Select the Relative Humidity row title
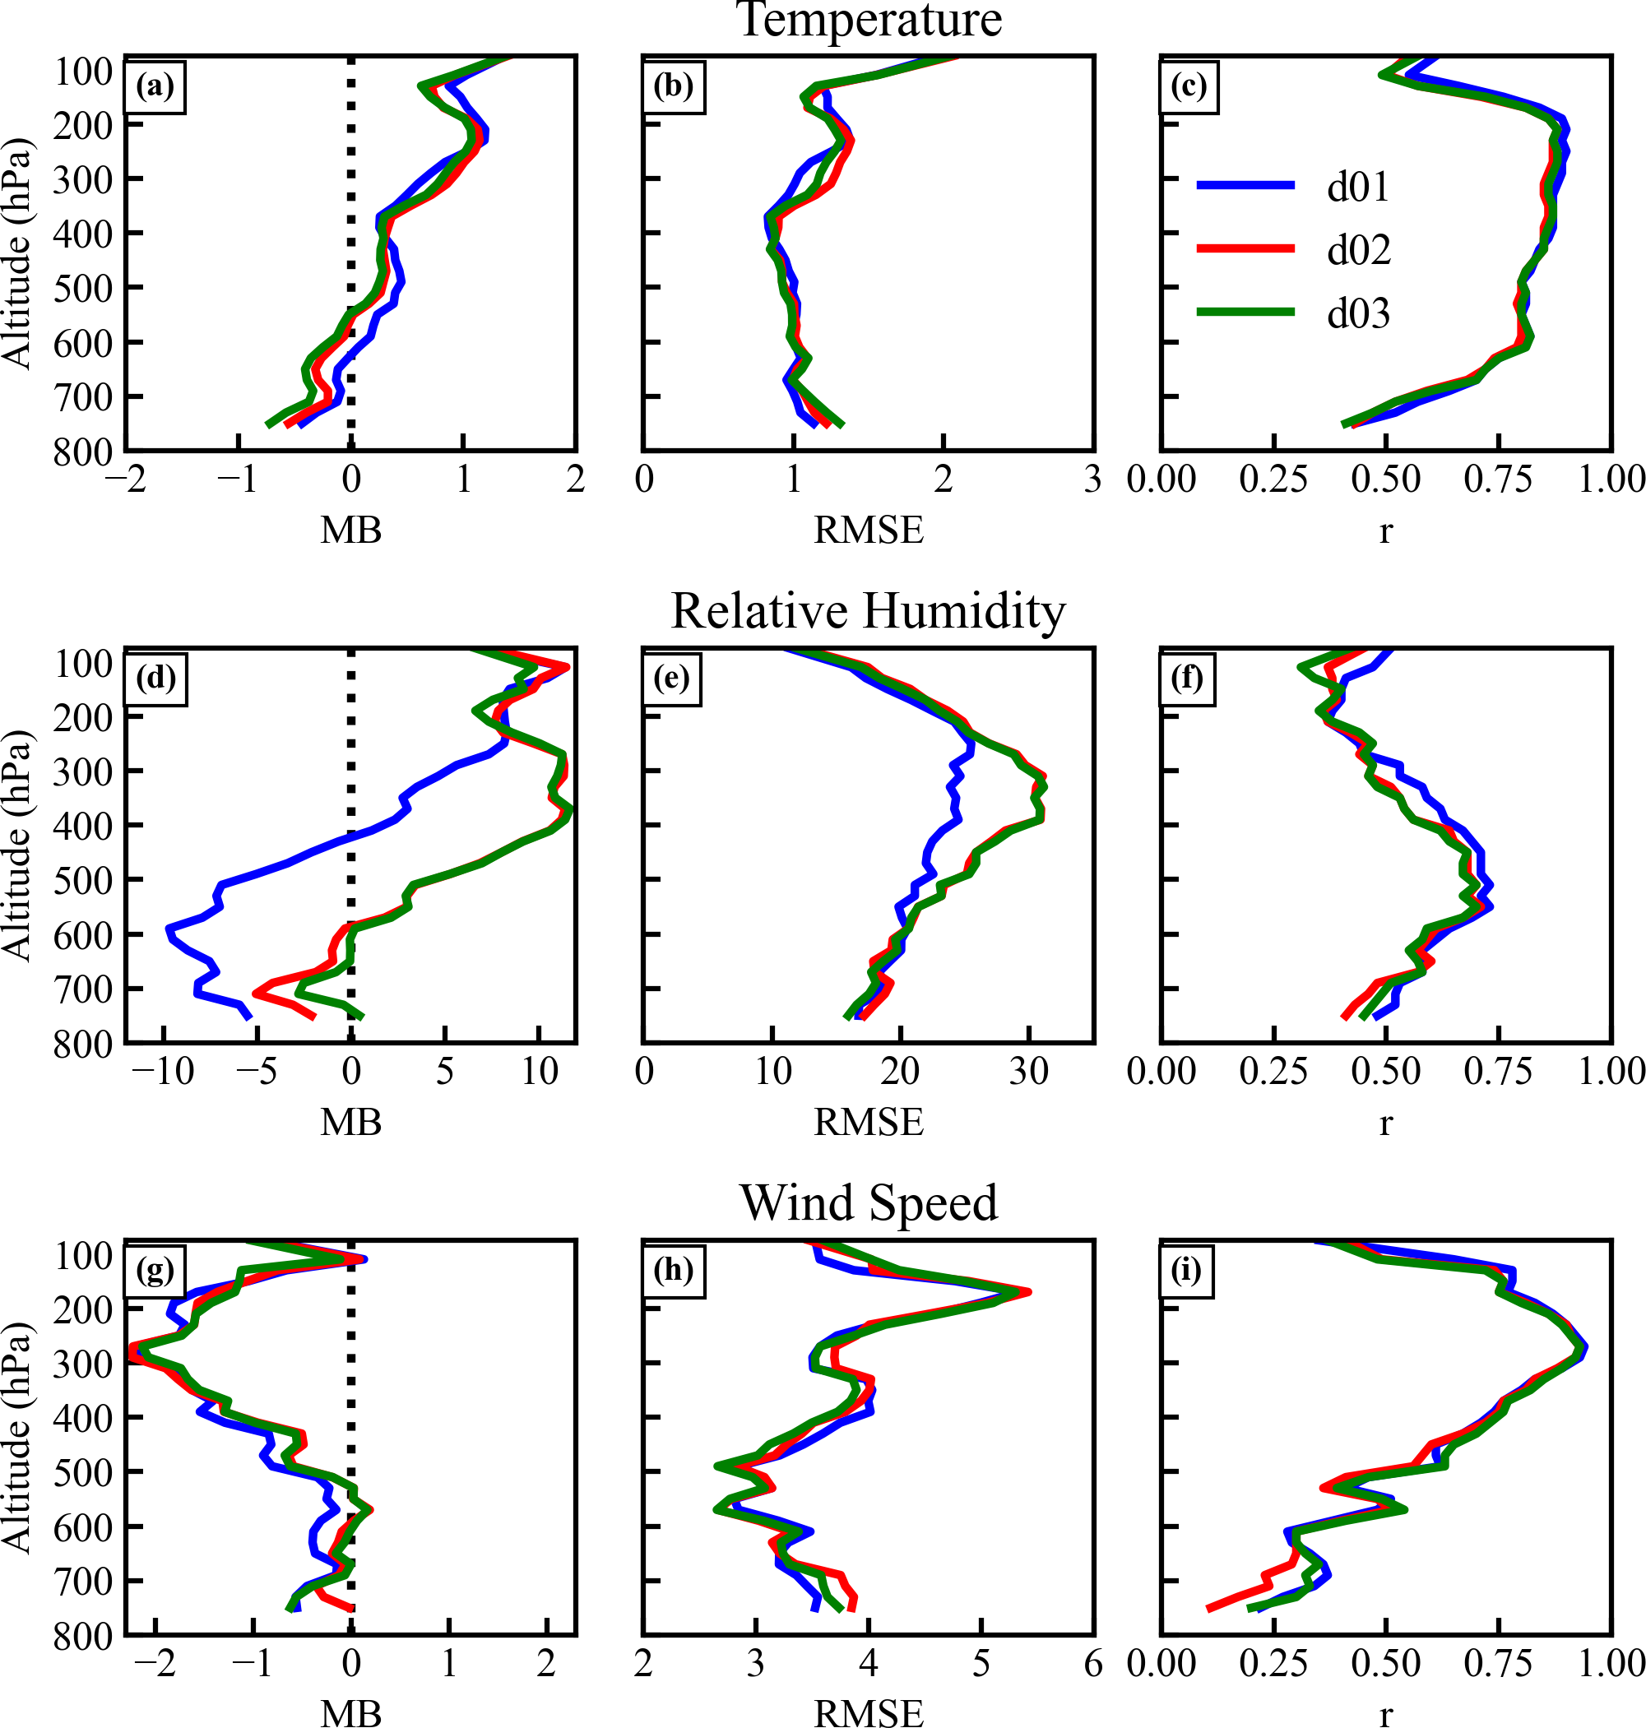pyautogui.click(x=868, y=611)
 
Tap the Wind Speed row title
pyautogui.click(x=869, y=1202)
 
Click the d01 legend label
pyautogui.click(x=1358, y=187)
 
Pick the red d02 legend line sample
pyautogui.click(x=1245, y=249)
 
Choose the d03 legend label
pyautogui.click(x=1358, y=313)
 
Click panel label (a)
pyautogui.click(x=155, y=86)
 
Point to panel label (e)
pyautogui.click(x=672, y=678)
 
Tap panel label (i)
pyautogui.click(x=1186, y=1270)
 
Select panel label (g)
pyautogui.click(x=155, y=1270)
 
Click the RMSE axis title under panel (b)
pyautogui.click(x=869, y=530)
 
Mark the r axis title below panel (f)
pyautogui.click(x=1385, y=1122)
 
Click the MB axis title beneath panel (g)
pyautogui.click(x=351, y=1713)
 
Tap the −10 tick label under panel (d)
pyautogui.click(x=164, y=1072)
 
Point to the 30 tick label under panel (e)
pyautogui.click(x=1028, y=1072)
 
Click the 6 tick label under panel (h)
pyautogui.click(x=1093, y=1664)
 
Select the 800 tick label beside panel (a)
pyautogui.click(x=83, y=453)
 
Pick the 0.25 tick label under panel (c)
pyautogui.click(x=1273, y=479)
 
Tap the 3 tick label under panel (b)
pyautogui.click(x=1092, y=479)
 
